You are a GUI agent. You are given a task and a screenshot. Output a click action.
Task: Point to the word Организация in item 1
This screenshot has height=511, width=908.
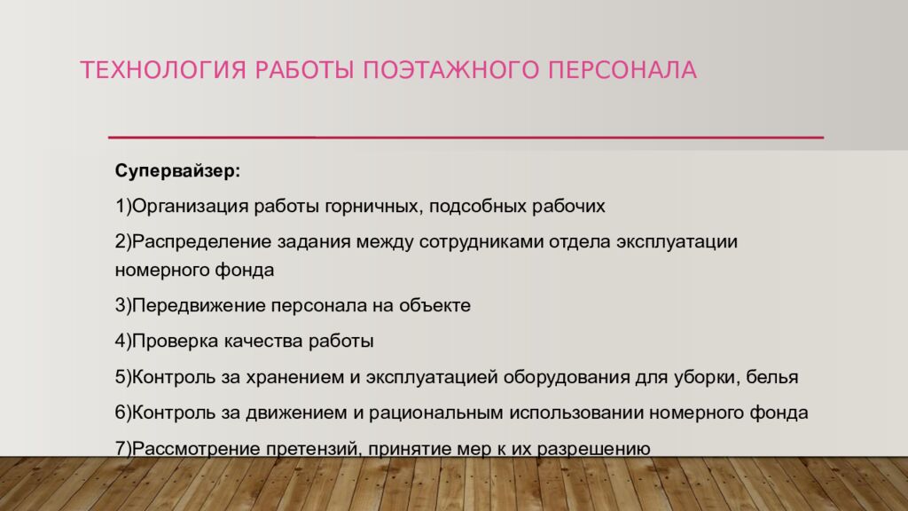point(187,207)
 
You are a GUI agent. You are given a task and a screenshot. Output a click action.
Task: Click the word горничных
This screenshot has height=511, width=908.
point(376,207)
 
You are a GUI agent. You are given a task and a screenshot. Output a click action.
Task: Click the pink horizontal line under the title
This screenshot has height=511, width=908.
point(466,138)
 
